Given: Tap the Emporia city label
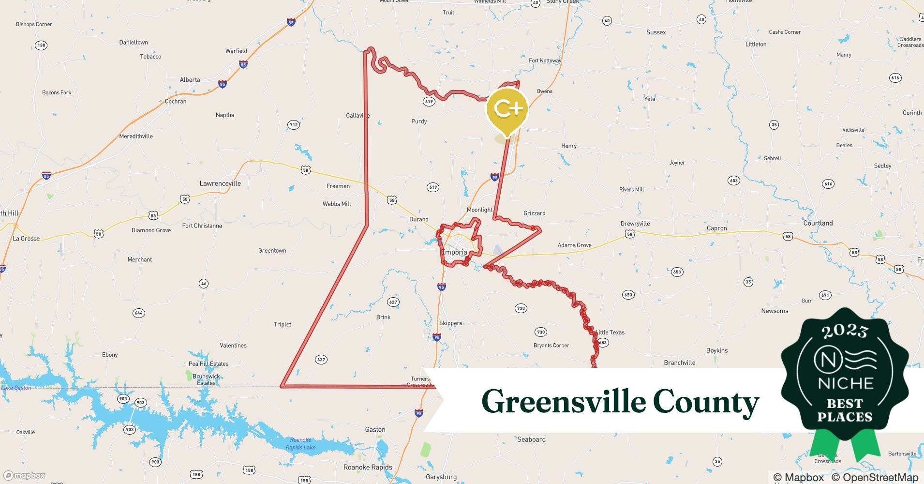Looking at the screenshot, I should click(454, 252).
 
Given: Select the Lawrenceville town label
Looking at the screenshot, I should click(220, 183).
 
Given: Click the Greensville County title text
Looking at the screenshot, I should click(620, 402).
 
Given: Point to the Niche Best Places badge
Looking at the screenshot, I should click(845, 382).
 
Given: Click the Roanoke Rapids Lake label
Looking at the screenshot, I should click(300, 443).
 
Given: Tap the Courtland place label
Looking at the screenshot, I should click(818, 223).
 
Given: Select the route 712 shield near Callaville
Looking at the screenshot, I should click(294, 125).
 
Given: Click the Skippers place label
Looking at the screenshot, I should click(450, 323).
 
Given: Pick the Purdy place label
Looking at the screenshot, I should click(419, 121).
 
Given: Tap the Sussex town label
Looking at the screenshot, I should click(656, 32).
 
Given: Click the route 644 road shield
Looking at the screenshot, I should click(139, 313).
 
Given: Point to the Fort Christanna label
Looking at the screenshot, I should click(202, 226).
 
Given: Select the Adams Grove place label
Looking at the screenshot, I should click(574, 245).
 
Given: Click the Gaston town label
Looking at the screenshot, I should click(375, 429).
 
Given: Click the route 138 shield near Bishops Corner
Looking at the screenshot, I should click(41, 45).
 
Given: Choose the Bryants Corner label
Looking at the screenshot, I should click(551, 346).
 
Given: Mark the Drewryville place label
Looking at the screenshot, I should click(635, 224).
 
